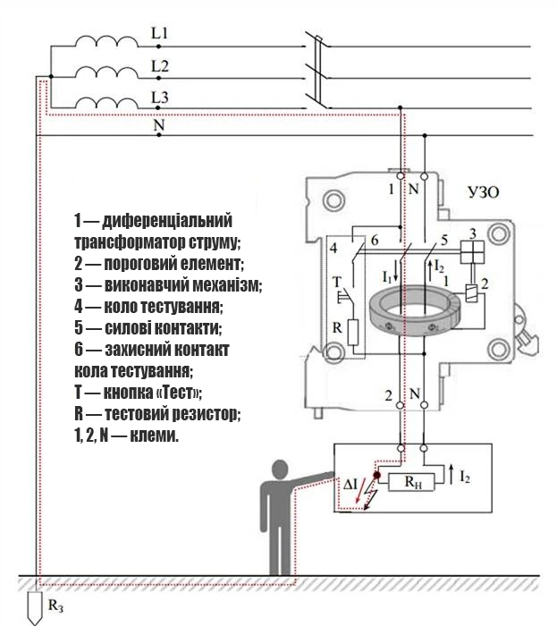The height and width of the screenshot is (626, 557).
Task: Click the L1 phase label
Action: click(160, 33)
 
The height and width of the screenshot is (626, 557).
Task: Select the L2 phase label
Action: click(160, 66)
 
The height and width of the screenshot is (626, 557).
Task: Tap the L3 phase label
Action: click(160, 97)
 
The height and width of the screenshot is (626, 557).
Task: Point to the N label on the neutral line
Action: click(159, 125)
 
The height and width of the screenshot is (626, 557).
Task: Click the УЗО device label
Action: click(483, 193)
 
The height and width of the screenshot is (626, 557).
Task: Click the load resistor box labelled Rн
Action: click(411, 482)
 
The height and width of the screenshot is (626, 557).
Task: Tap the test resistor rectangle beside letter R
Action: click(353, 332)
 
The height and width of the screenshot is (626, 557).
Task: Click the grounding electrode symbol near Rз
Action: click(34, 607)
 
